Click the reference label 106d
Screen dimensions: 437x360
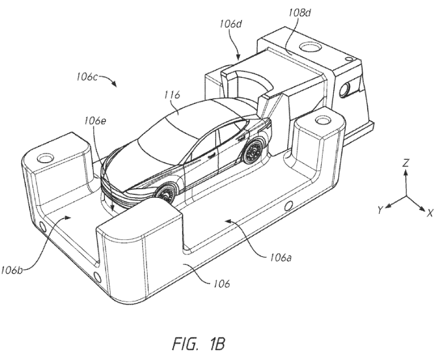(231, 24)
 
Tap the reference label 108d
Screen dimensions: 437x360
(300, 13)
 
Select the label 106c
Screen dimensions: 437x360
(87, 76)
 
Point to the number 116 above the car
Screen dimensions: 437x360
(172, 95)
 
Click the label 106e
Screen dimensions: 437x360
(95, 121)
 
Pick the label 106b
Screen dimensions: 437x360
(12, 270)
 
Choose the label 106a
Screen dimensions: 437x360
(281, 258)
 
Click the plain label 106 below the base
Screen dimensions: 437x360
(221, 284)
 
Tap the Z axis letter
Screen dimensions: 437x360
(406, 163)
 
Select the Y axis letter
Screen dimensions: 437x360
(381, 210)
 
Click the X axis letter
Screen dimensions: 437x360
(430, 213)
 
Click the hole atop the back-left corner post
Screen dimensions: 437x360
(44, 158)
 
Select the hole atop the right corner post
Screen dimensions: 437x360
(322, 120)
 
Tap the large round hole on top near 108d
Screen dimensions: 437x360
(310, 46)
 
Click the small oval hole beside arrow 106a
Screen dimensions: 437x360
(287, 206)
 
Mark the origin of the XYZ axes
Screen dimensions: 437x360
(406, 196)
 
